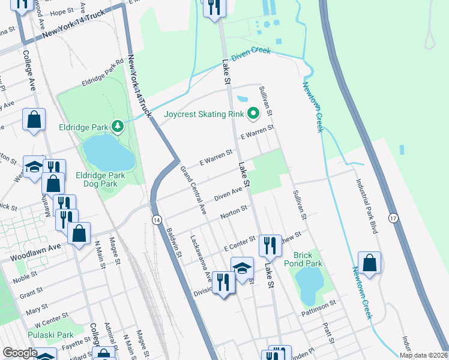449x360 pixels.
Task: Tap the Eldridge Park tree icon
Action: coord(119,126)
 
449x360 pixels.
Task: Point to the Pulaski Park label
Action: coord(50,335)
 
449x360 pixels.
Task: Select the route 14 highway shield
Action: coord(156,220)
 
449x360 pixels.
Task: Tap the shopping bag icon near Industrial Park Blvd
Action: coord(369,263)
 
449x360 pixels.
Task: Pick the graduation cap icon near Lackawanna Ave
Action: coord(242,268)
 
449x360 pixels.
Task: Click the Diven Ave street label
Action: coord(228,193)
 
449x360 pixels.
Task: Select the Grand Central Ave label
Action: coord(193,191)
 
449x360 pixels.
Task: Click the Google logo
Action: coord(20,353)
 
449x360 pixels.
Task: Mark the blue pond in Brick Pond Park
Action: coord(310,285)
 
